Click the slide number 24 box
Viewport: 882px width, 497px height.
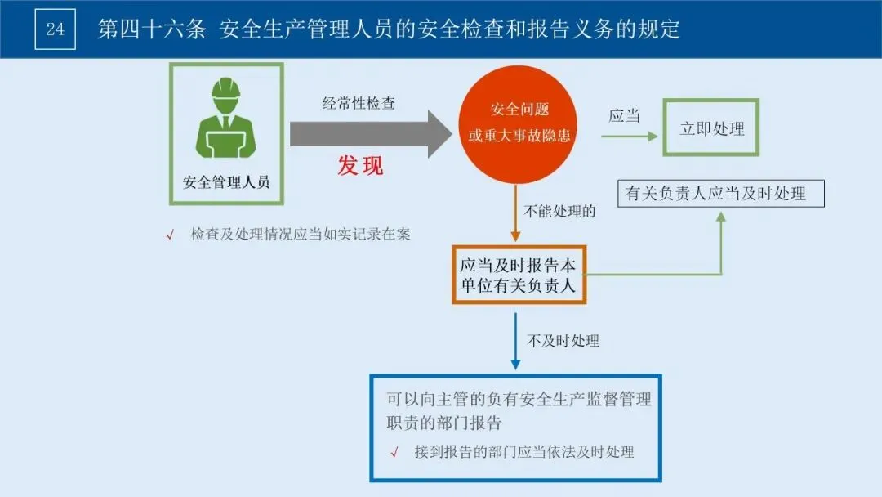pos(55,29)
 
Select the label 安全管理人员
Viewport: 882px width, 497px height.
pos(226,181)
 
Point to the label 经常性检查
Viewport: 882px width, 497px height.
pos(359,104)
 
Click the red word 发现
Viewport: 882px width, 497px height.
pos(360,166)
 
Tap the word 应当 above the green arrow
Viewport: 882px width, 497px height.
pos(625,116)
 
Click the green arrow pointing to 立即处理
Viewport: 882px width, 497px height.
pos(629,137)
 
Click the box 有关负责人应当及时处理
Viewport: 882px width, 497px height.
pos(720,194)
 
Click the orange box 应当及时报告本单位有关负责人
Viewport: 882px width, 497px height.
pos(519,275)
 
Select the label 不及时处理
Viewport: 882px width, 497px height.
pos(563,341)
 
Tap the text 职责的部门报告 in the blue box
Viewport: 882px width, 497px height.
pos(444,423)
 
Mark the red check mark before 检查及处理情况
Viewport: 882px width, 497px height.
pos(171,235)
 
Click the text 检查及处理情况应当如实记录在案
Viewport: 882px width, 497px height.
pos(300,235)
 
